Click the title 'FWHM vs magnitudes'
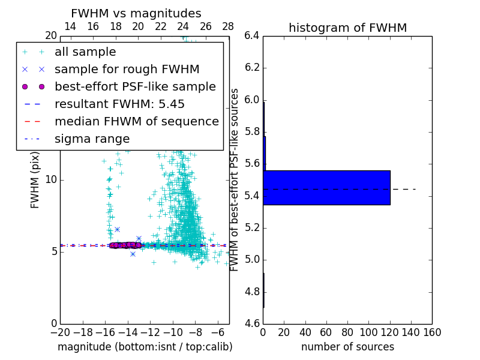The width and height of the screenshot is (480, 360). point(136,13)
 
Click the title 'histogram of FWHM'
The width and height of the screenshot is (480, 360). point(347,28)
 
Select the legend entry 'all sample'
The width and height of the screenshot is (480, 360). point(85,52)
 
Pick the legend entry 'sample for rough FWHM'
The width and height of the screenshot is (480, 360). point(127,70)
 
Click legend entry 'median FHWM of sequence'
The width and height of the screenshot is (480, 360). point(136,122)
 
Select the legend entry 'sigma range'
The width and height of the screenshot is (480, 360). point(92,139)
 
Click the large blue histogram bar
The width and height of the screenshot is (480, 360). point(326,188)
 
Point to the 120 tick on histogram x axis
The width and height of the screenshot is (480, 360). point(390,332)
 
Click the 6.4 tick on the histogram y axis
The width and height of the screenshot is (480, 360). point(252,35)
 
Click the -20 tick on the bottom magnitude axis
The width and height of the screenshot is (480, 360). point(60,332)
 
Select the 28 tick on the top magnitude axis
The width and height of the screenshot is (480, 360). point(228,26)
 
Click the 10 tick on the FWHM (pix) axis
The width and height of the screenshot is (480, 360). point(50,179)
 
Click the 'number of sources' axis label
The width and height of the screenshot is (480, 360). point(347,347)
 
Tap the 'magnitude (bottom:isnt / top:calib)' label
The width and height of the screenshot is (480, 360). point(145,347)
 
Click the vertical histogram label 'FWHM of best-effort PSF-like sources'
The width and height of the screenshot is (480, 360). point(235,179)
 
